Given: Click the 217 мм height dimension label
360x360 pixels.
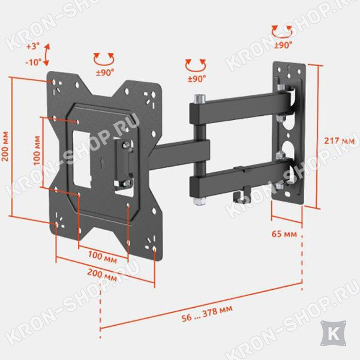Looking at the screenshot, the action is [339, 140].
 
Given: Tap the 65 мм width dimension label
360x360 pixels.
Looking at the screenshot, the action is [284, 234].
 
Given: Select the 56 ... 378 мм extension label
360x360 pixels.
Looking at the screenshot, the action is [207, 314].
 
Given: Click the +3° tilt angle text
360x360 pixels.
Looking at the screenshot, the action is [33, 46].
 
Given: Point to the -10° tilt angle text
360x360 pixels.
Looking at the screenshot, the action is [33, 62].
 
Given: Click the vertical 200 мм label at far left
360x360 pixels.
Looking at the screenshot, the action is [5, 146].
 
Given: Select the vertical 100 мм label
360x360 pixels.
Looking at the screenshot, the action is [37, 151].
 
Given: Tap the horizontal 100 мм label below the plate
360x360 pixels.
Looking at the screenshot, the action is [103, 257].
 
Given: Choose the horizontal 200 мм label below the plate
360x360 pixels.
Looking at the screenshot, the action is [102, 275].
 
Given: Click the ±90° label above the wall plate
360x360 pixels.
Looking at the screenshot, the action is [283, 45].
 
